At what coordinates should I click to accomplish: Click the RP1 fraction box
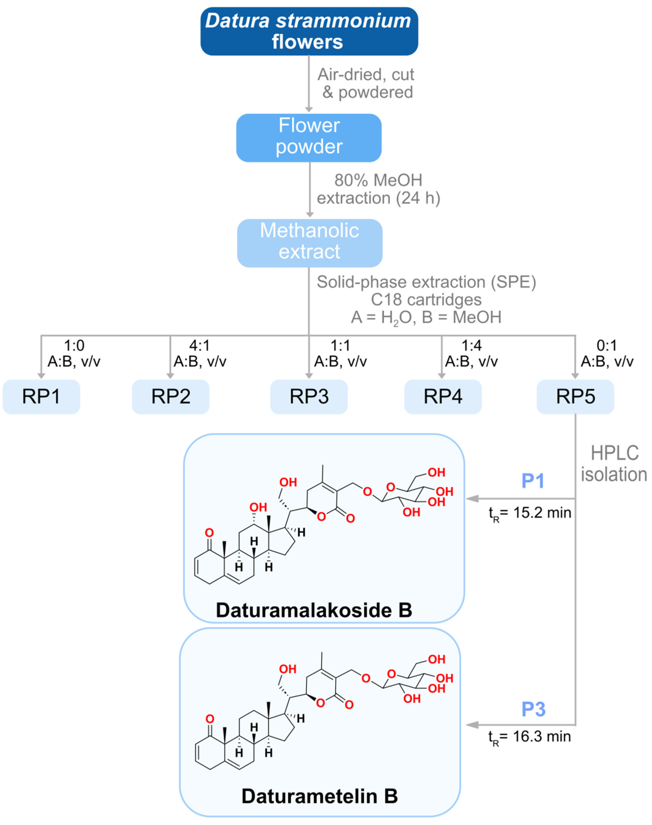(41, 396)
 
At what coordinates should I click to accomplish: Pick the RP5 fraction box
(575, 396)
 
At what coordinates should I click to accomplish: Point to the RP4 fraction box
(443, 396)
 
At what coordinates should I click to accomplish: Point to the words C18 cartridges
(426, 299)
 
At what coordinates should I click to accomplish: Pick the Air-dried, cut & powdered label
(366, 83)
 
